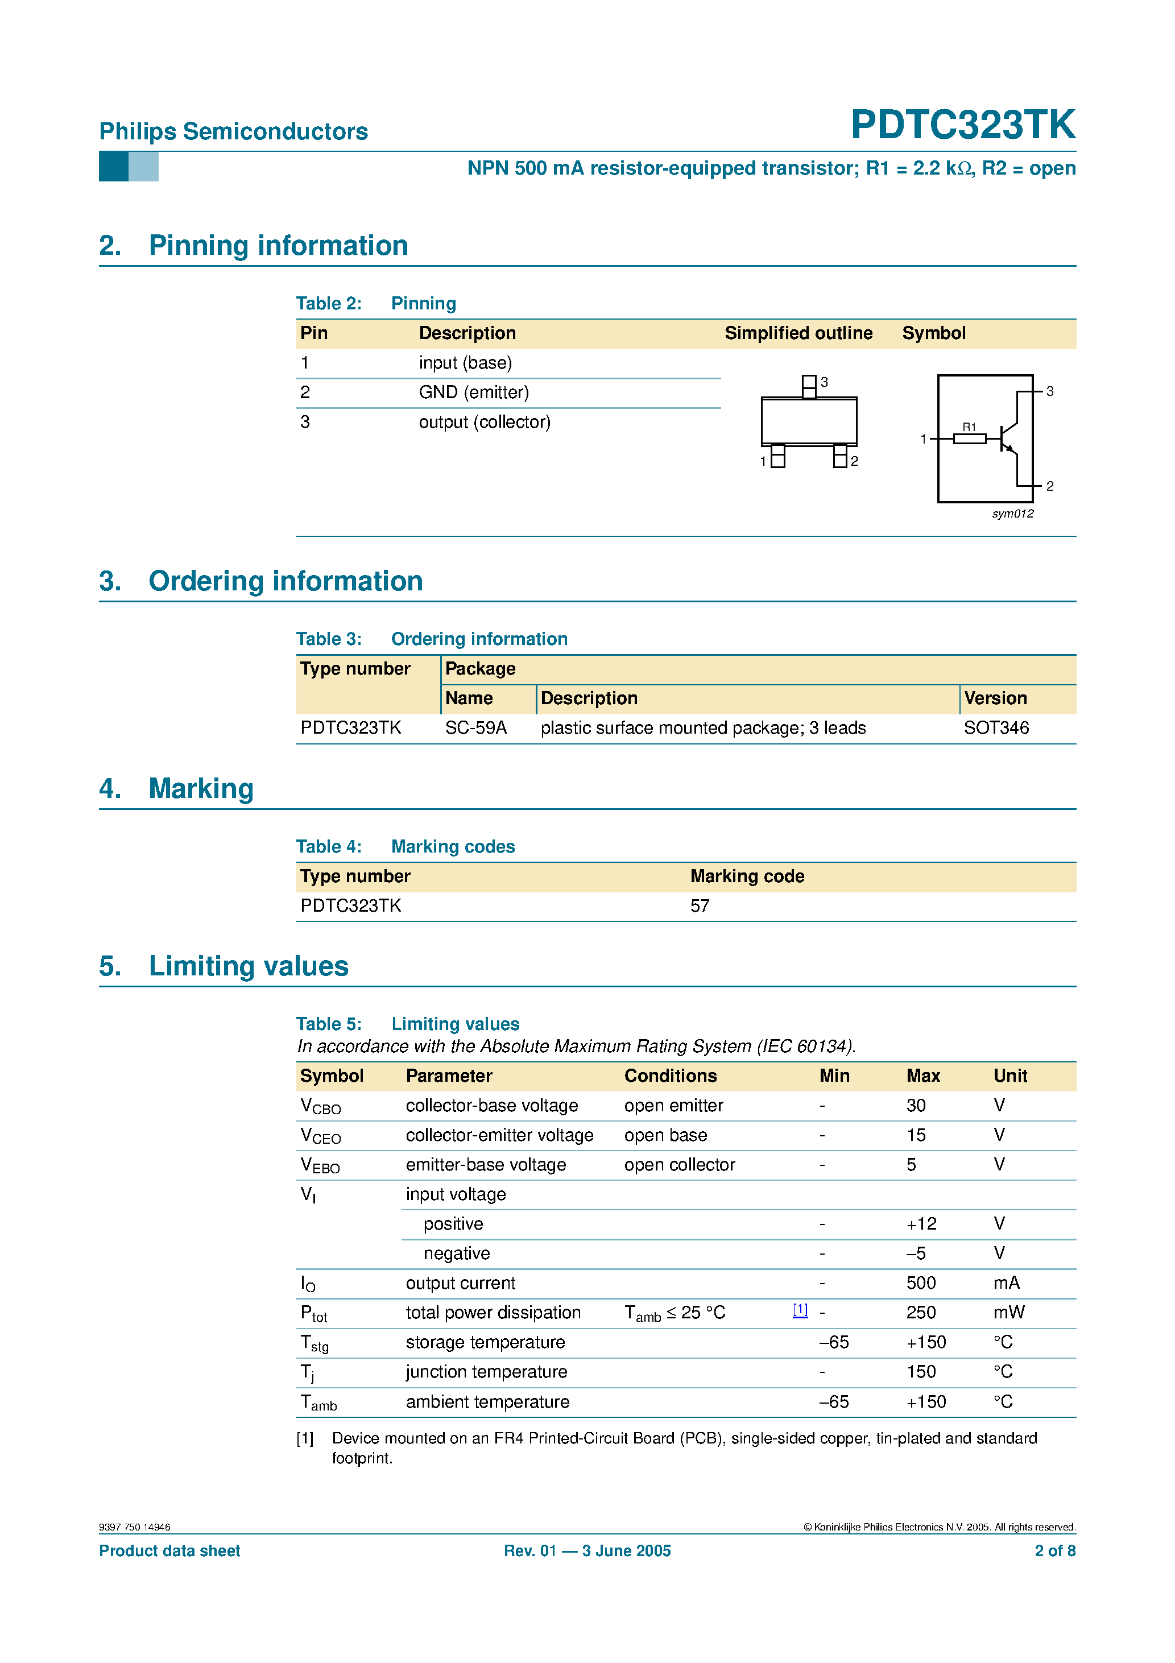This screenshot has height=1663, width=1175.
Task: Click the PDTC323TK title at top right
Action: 962,125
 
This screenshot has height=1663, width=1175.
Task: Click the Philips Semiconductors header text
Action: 233,131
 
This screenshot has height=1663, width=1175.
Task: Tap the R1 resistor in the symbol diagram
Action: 969,438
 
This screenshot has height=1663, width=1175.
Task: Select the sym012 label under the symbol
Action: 1012,514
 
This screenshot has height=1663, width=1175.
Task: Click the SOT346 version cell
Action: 995,728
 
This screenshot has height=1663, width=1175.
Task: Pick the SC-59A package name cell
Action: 475,728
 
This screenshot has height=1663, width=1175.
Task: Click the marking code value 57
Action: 699,906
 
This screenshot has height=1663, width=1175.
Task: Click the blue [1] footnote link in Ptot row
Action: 800,1310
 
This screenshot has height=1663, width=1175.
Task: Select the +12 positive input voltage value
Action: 921,1223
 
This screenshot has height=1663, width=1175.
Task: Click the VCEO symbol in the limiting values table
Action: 320,1136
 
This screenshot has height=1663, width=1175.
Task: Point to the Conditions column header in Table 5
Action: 670,1075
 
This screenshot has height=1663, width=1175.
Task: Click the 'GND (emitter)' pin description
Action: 474,392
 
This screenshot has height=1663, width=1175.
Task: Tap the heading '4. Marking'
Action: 177,789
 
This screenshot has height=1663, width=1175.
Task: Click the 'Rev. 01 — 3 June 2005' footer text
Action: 587,1551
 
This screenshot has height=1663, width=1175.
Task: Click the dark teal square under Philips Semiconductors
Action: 113,166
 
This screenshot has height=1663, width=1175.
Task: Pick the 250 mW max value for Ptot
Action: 921,1313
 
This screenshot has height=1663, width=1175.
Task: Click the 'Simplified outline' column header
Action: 798,333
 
